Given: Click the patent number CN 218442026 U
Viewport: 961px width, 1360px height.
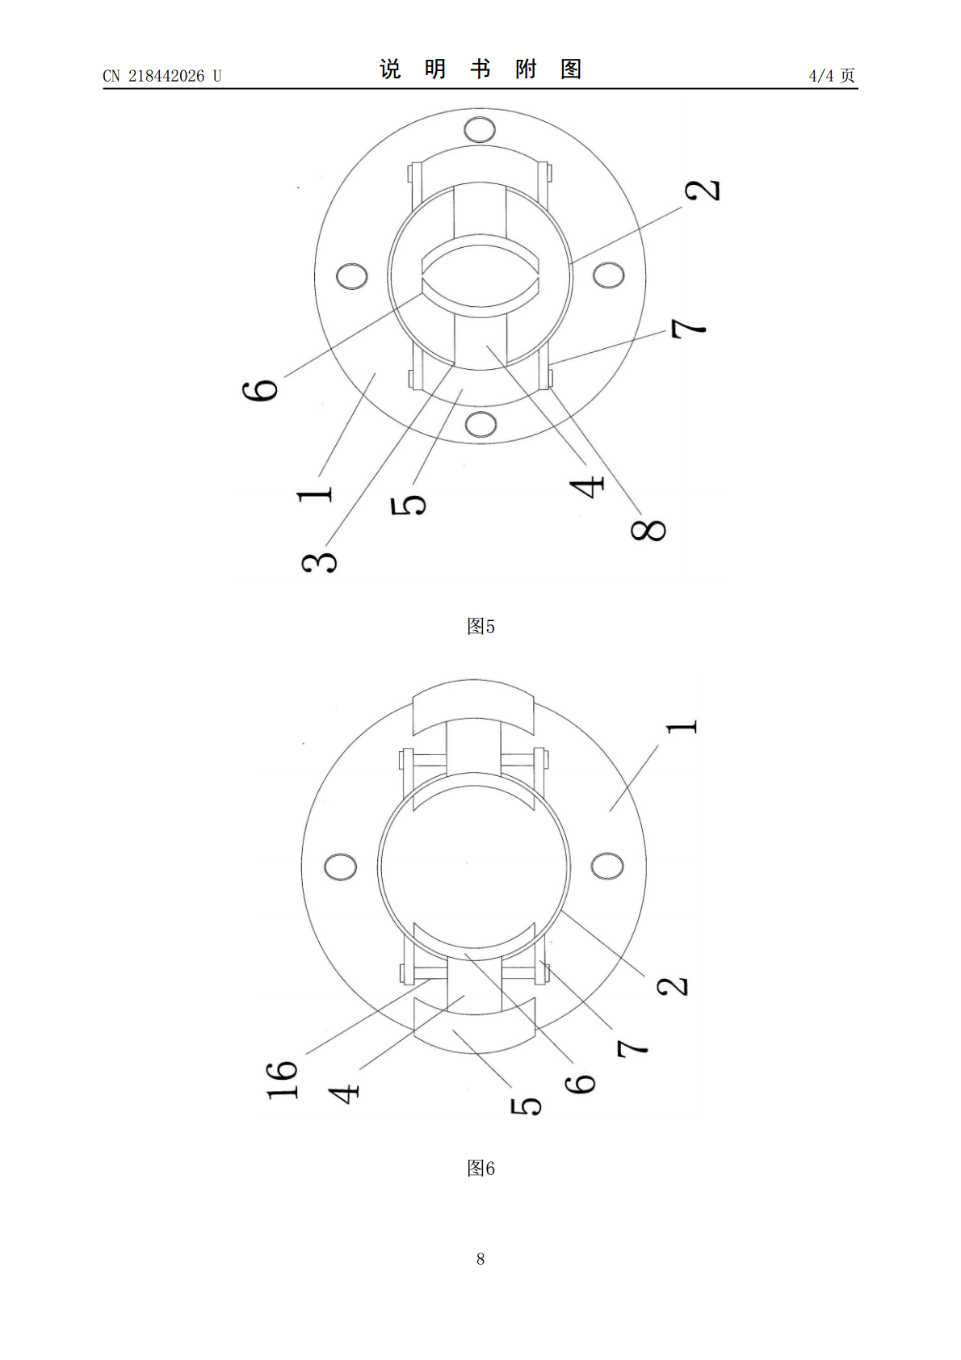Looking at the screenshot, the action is [162, 75].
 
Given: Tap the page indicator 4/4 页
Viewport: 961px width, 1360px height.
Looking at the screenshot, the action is [832, 75].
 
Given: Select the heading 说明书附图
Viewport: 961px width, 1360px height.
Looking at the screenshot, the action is [480, 69].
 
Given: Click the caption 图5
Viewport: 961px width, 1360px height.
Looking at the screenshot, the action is [480, 626].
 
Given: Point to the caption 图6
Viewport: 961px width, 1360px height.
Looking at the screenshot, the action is [480, 1168].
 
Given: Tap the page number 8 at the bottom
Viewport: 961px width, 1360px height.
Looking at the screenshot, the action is [480, 1258].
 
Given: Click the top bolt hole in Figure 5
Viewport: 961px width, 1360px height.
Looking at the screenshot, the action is [480, 129].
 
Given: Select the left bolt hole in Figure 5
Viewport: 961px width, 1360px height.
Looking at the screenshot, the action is [352, 275].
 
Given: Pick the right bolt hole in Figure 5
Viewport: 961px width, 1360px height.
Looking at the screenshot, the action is [608, 275].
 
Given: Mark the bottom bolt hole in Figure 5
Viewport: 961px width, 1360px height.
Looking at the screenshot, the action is [480, 424].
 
